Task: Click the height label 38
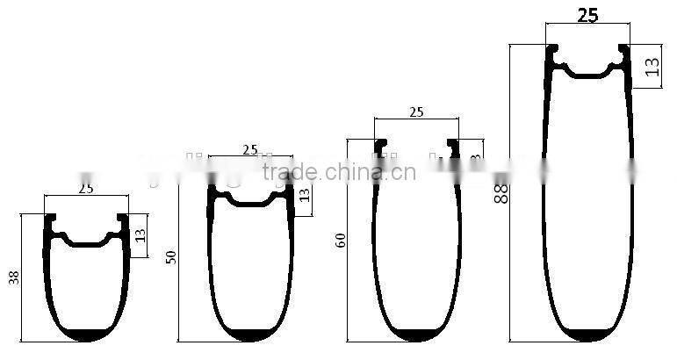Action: (11, 278)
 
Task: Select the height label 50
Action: (171, 256)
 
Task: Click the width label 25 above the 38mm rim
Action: (86, 188)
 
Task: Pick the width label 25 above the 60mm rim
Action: (416, 112)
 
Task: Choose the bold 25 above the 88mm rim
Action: (587, 15)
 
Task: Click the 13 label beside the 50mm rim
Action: (304, 194)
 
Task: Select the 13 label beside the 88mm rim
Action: (652, 66)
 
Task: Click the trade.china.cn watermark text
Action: (339, 172)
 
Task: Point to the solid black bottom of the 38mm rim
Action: (86, 335)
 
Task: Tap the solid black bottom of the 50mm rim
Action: (251, 335)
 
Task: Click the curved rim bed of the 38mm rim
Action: (86, 241)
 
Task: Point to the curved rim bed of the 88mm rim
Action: (587, 74)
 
